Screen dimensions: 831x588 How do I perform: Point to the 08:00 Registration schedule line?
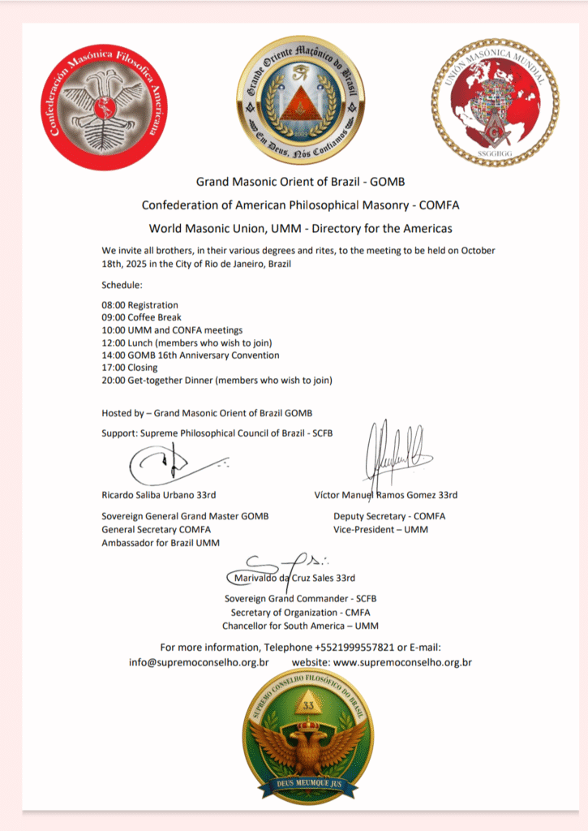point(139,305)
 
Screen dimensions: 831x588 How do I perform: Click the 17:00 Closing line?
point(130,368)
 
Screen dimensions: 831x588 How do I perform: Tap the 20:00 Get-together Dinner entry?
point(217,380)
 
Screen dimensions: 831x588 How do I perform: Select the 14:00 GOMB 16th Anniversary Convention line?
point(190,355)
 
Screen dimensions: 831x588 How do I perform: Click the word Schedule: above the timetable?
point(122,286)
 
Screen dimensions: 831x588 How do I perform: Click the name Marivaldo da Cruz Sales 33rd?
point(293,579)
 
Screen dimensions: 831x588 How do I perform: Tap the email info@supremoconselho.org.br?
point(199,662)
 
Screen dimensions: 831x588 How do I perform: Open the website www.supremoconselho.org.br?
point(402,662)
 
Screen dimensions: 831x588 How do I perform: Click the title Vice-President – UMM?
point(380,529)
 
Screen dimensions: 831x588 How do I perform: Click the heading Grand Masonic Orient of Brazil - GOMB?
point(300,183)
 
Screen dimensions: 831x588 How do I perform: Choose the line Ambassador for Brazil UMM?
point(161,542)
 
